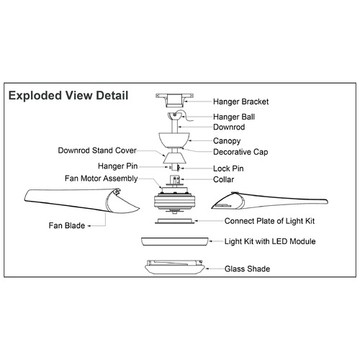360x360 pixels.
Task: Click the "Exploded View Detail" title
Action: [x=68, y=96]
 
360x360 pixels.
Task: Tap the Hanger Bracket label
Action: [x=240, y=102]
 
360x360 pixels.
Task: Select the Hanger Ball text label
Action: [x=234, y=117]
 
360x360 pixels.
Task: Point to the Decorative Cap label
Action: [x=240, y=152]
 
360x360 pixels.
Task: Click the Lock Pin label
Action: [x=228, y=168]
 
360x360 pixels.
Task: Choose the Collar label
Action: [x=223, y=179]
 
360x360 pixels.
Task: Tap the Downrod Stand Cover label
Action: [x=97, y=150]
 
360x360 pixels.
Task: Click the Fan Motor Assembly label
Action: [x=101, y=179]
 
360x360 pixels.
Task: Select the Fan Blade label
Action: [x=67, y=225]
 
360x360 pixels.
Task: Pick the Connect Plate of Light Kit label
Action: [x=269, y=221]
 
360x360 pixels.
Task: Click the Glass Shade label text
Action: [x=247, y=269]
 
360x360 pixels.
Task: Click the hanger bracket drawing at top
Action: [x=174, y=100]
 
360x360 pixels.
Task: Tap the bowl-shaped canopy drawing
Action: [x=174, y=140]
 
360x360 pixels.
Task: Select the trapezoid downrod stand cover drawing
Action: [x=174, y=158]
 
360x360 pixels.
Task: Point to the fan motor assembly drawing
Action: [x=174, y=200]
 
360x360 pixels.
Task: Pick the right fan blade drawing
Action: [x=269, y=201]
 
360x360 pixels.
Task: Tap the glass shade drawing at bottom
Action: [x=175, y=267]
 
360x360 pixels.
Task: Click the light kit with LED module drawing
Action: [x=175, y=242]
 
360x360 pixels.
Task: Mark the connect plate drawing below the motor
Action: [x=174, y=221]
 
